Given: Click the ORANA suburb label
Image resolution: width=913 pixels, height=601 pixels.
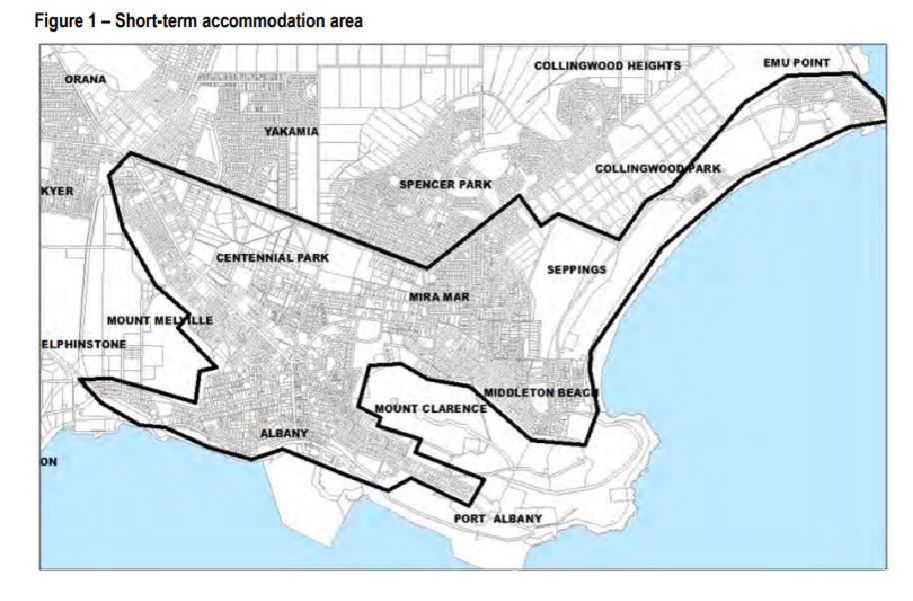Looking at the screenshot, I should point(85,79).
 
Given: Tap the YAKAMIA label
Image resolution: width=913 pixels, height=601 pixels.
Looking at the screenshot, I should point(292,131).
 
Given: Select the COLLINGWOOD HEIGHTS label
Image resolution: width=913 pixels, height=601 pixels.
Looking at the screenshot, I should point(606,66).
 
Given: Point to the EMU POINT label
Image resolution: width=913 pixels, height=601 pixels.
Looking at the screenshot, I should point(796,63).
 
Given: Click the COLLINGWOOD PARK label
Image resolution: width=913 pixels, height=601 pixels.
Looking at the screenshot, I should point(657,169).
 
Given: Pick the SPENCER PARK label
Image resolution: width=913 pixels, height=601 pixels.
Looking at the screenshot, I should point(445,185).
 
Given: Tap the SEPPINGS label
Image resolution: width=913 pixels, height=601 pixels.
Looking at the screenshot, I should point(576,270).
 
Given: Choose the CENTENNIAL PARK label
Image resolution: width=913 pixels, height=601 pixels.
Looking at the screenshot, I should point(272,258).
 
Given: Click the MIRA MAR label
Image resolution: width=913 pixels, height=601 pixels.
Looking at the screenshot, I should point(439,298).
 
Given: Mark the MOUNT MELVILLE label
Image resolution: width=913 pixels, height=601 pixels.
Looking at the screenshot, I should point(159,320).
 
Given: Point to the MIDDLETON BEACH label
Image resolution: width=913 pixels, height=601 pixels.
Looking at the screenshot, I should point(540,393).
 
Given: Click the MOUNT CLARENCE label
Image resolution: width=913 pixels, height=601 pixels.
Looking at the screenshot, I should point(430,409).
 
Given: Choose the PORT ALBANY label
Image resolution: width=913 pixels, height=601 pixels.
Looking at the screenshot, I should point(497,519).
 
